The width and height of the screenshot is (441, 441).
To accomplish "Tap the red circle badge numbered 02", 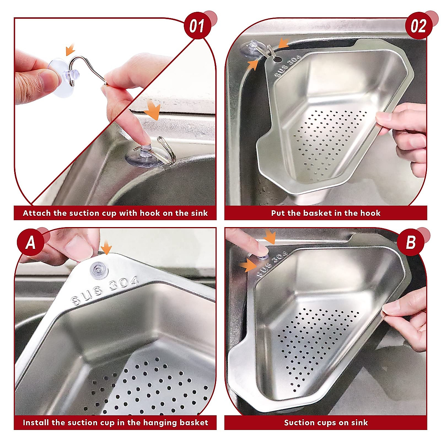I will (x=418, y=26).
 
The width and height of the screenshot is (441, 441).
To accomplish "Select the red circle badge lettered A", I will (x=31, y=243).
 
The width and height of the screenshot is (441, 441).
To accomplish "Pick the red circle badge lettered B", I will (x=410, y=243).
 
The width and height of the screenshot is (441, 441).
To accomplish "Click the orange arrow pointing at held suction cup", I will (x=69, y=49).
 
